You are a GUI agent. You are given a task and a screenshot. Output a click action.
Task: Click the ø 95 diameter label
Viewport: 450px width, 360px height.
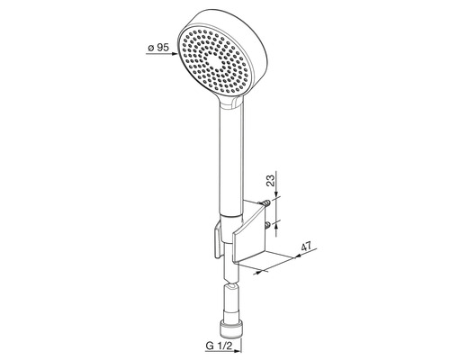(158, 48)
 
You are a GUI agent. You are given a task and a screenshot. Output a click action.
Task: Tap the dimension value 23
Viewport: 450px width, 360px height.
(271, 181)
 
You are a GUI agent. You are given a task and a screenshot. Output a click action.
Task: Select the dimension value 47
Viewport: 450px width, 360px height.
(306, 247)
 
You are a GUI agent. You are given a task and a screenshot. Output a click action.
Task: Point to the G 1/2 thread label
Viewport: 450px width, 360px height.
(220, 346)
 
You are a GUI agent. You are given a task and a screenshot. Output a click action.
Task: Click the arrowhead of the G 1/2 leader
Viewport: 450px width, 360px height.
(238, 351)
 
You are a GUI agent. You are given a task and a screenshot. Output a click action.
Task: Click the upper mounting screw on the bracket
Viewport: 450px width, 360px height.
(266, 203)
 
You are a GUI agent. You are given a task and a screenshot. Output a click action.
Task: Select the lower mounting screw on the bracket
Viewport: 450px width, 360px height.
(267, 225)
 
